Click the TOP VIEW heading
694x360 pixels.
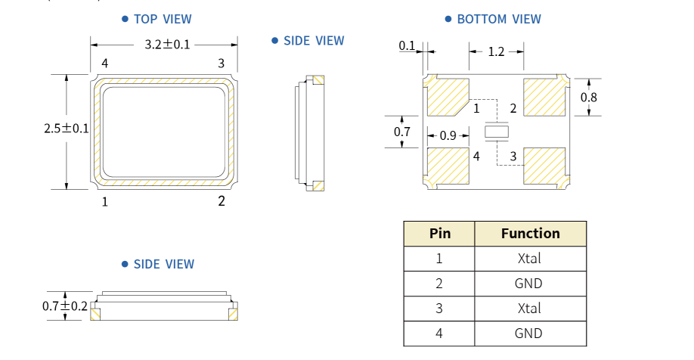click(x=162, y=19)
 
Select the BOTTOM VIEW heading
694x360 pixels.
click(x=499, y=19)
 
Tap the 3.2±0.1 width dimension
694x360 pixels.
click(x=167, y=45)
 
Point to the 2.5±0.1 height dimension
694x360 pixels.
click(x=67, y=129)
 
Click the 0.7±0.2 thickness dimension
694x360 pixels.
click(x=65, y=306)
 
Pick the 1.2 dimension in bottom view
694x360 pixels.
click(x=496, y=51)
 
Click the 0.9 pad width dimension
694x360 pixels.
click(x=448, y=136)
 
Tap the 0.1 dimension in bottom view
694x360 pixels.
click(x=407, y=46)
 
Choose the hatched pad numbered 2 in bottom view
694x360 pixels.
click(x=544, y=97)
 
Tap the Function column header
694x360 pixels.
click(x=530, y=234)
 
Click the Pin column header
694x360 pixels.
click(x=439, y=234)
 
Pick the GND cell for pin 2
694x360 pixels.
click(x=530, y=284)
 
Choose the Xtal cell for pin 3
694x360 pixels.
click(x=530, y=309)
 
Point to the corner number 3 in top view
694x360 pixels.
click(x=222, y=63)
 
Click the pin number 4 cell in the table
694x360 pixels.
click(x=439, y=334)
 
